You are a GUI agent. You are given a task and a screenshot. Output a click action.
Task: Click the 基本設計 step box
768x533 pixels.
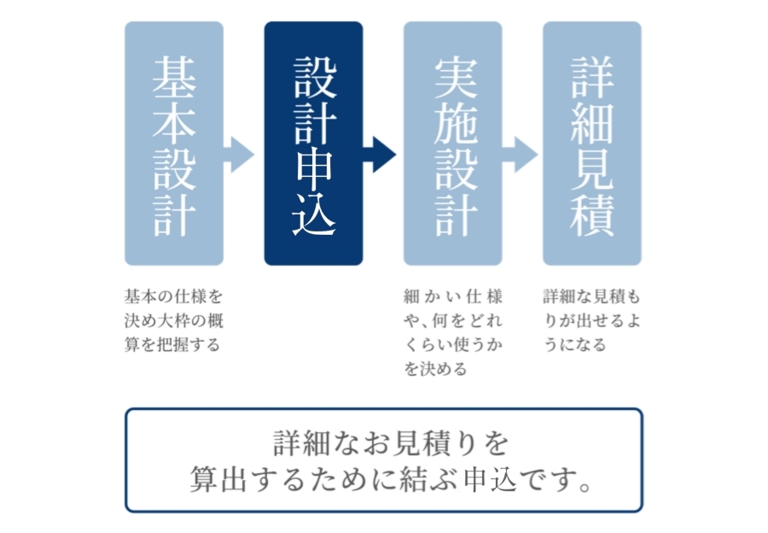[174, 143]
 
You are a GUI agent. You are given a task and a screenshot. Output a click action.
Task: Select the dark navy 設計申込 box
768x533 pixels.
[313, 143]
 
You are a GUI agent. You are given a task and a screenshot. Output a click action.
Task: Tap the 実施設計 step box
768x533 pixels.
[452, 143]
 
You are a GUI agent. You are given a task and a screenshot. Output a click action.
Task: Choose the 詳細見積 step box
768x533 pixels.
[592, 143]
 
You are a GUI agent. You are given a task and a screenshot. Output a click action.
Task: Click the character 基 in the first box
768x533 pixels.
[174, 77]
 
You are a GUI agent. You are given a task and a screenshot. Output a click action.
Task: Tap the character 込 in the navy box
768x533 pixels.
[314, 214]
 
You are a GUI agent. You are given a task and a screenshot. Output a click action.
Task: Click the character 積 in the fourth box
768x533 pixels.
[592, 214]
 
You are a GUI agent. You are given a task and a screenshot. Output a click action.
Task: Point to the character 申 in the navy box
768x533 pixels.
[314, 169]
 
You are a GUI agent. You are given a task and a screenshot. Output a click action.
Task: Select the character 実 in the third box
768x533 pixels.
[456, 78]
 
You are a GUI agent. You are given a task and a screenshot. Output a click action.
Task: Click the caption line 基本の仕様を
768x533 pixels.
[174, 296]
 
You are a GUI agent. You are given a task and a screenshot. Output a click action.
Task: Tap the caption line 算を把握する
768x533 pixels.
[172, 345]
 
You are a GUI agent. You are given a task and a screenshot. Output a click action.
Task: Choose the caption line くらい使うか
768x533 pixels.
[453, 345]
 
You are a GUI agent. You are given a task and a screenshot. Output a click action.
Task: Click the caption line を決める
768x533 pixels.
[435, 369]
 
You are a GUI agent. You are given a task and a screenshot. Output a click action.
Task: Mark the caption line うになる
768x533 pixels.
[575, 345]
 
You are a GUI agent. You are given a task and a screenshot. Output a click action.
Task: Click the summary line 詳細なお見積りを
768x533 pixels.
[391, 442]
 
